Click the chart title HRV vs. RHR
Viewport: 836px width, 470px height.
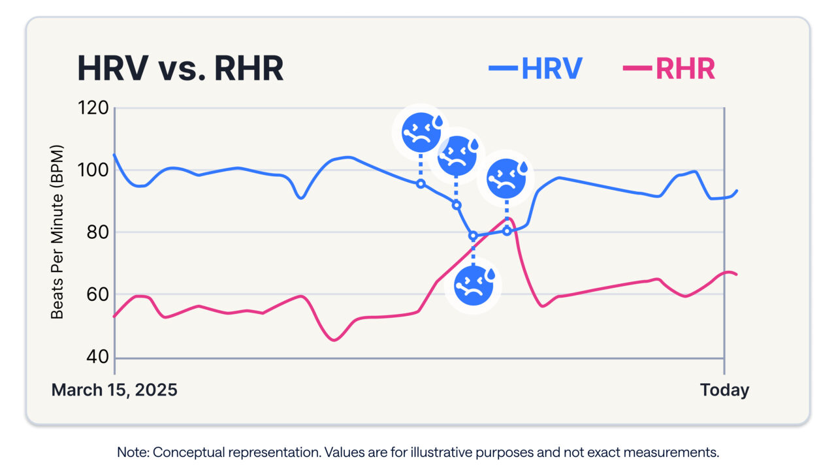click(180, 69)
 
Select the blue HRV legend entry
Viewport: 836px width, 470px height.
click(536, 68)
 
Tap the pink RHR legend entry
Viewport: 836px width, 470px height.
click(669, 68)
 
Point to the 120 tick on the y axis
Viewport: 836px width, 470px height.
click(93, 108)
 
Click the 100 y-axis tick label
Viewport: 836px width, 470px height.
click(93, 170)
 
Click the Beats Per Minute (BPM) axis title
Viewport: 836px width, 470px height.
click(57, 232)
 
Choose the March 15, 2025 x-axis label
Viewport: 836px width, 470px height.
click(114, 390)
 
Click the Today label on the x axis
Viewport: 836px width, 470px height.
click(724, 390)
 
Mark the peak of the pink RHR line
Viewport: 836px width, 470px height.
click(510, 219)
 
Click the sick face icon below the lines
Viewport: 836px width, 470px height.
click(474, 286)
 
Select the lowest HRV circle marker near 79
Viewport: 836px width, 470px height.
click(473, 236)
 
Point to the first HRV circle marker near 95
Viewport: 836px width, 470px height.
click(421, 183)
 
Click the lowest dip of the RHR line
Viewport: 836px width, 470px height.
click(334, 339)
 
